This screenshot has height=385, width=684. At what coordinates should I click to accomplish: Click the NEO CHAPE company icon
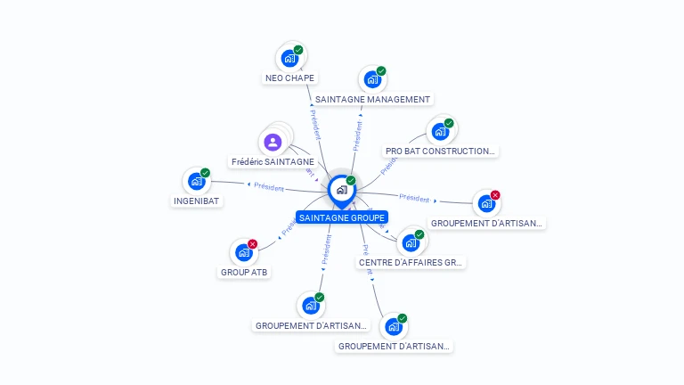click(x=289, y=59)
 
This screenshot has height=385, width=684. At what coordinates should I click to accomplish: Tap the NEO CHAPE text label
click(x=290, y=78)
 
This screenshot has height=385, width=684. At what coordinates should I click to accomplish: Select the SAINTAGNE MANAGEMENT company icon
click(x=371, y=79)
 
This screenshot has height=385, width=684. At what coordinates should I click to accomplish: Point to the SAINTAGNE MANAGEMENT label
click(x=372, y=100)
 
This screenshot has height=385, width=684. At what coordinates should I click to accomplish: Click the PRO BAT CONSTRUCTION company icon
click(x=439, y=132)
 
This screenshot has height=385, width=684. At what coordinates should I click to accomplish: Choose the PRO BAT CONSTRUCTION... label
click(x=440, y=152)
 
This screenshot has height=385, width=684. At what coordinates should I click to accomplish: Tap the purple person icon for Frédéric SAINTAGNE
click(x=273, y=142)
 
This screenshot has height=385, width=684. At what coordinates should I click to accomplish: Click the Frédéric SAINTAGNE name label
click(x=273, y=162)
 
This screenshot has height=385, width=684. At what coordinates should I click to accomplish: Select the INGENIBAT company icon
click(x=196, y=181)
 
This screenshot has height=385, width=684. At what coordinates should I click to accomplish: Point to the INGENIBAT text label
click(x=197, y=201)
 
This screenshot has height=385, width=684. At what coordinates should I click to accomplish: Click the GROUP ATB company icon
click(x=243, y=252)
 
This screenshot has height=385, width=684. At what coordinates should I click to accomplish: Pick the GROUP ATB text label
click(x=243, y=273)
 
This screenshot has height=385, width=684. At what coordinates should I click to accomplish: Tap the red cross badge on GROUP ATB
click(x=253, y=244)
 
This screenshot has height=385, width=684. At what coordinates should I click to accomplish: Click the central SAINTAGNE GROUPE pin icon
click(x=341, y=190)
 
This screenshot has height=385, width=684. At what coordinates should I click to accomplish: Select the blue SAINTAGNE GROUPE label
click(x=342, y=217)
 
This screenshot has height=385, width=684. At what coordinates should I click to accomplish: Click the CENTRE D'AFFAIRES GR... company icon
click(x=410, y=242)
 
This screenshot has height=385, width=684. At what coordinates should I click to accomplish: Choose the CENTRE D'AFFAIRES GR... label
click(x=411, y=263)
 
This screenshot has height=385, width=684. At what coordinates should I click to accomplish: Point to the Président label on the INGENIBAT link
click(x=269, y=187)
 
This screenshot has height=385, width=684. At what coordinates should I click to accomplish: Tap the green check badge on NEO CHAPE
click(x=298, y=51)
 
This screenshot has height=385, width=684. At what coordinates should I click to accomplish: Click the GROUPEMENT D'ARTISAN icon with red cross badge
click(x=486, y=203)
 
